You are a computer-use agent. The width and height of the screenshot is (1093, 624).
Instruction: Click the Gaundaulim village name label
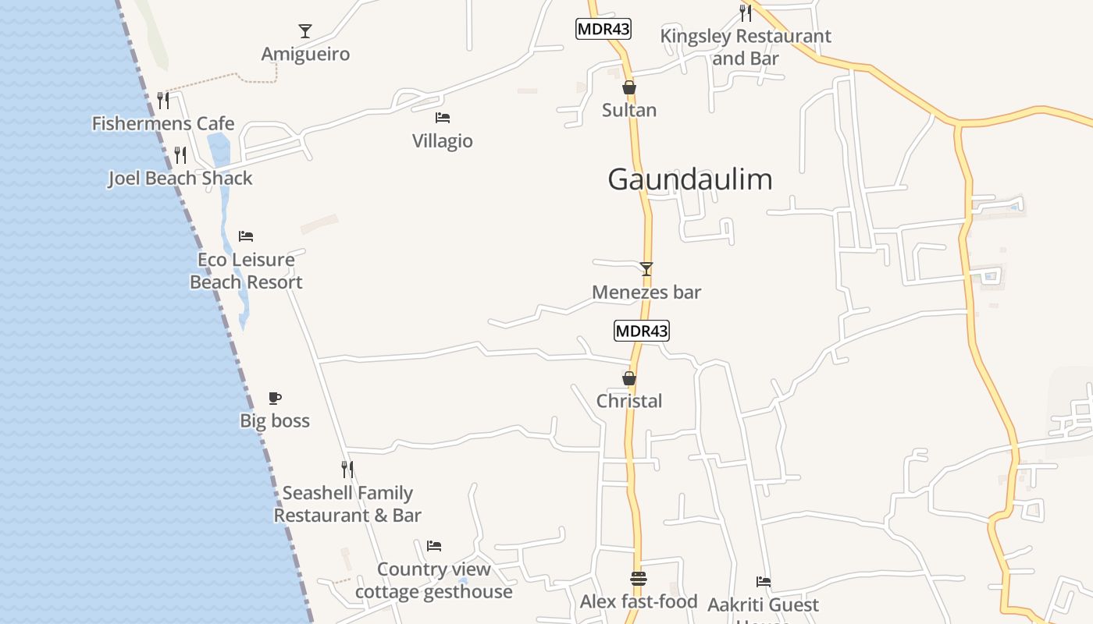click(x=690, y=179)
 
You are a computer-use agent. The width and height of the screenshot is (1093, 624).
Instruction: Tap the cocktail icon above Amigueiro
click(x=305, y=31)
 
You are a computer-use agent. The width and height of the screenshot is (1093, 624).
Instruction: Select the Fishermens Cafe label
click(x=163, y=123)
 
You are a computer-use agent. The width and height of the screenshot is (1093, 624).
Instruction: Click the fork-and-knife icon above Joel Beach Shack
click(x=180, y=154)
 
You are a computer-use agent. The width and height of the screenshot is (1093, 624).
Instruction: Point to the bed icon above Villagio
click(x=443, y=118)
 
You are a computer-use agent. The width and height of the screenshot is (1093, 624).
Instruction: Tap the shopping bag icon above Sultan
click(x=629, y=87)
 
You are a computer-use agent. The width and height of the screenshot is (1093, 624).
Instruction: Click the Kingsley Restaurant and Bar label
click(x=746, y=47)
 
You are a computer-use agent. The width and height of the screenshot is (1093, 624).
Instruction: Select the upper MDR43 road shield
click(x=603, y=30)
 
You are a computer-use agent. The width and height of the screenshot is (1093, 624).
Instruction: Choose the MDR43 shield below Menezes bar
click(x=642, y=331)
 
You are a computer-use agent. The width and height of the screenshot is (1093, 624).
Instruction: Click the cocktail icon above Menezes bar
click(x=646, y=269)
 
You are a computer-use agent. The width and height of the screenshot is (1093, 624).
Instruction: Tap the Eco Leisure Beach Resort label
click(x=246, y=271)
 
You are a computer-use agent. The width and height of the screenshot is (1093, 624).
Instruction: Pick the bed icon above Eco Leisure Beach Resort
click(x=246, y=236)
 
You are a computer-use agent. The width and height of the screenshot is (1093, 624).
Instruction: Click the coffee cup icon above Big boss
click(x=275, y=398)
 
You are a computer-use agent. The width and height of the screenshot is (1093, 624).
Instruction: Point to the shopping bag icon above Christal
click(x=629, y=378)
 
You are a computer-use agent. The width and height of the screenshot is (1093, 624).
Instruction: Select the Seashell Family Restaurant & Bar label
click(x=347, y=504)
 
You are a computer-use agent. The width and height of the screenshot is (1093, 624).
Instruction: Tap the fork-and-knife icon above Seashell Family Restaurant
click(x=347, y=469)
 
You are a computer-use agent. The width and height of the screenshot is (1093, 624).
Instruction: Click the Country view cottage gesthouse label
click(x=434, y=580)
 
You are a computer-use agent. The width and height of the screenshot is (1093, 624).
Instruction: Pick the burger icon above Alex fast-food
click(x=639, y=579)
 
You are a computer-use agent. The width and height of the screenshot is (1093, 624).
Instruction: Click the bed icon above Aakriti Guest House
click(x=764, y=581)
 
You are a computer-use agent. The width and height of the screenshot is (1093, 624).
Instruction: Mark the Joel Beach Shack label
click(x=180, y=178)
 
